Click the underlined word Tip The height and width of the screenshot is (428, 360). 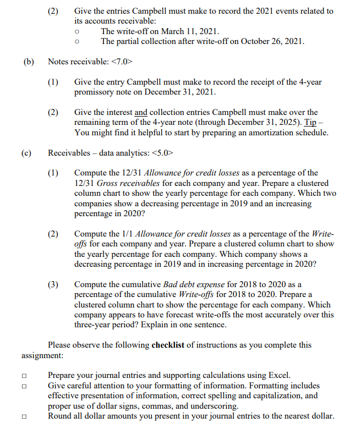click(318, 122)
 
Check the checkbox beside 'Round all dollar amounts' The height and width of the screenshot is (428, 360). click(24, 416)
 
